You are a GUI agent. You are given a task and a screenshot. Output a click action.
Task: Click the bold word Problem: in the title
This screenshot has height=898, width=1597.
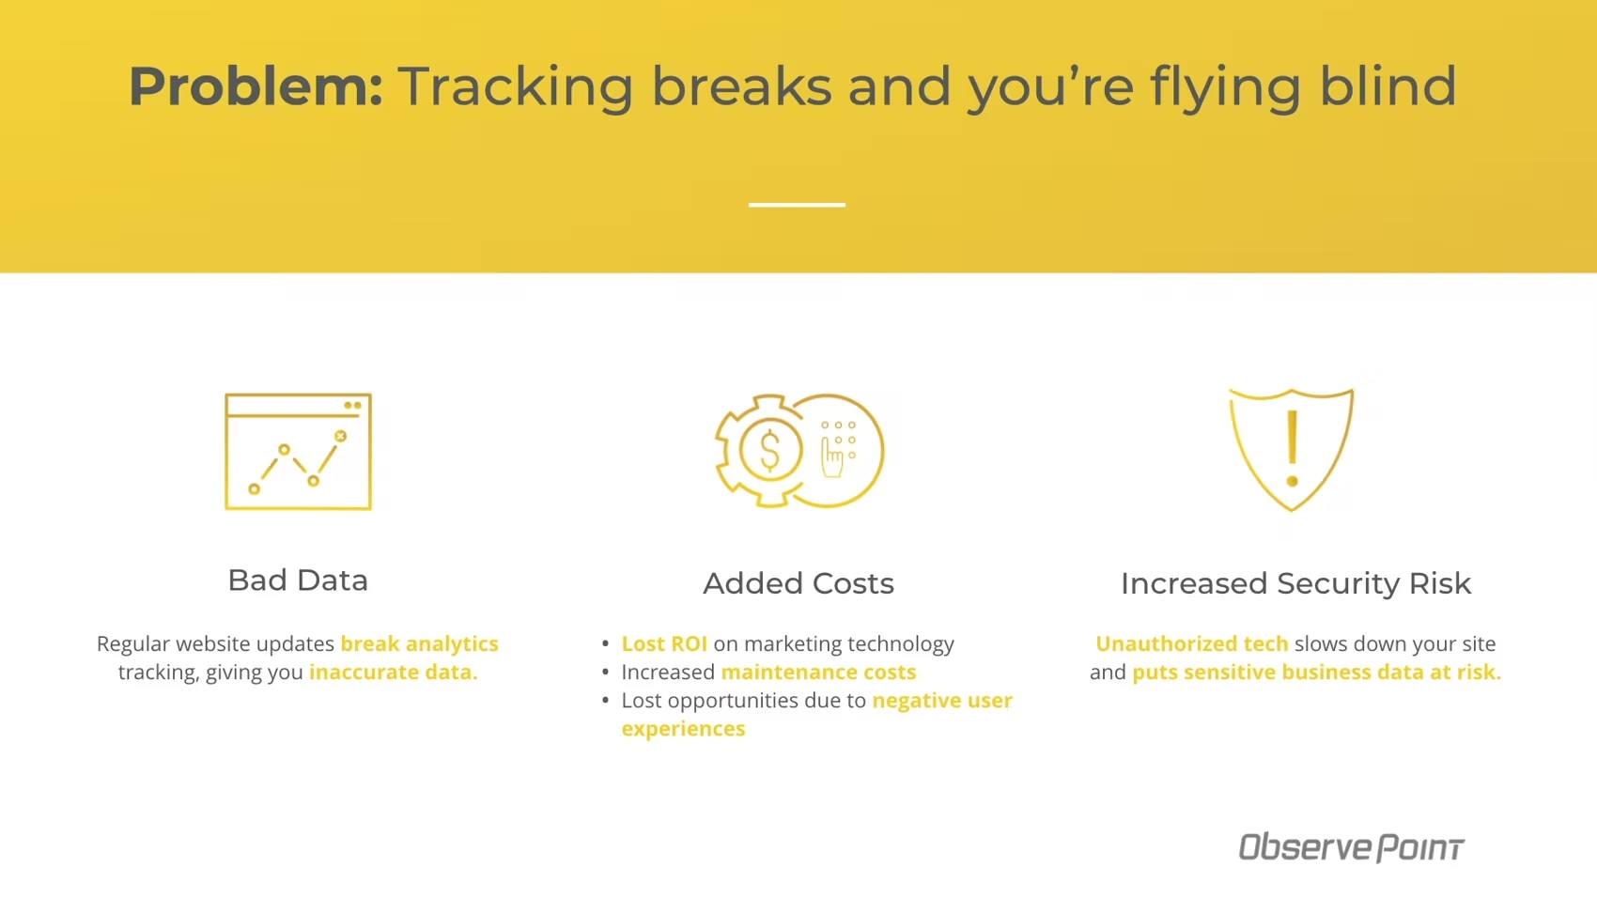(x=256, y=87)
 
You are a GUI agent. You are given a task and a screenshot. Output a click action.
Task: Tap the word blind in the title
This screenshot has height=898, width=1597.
(x=1388, y=85)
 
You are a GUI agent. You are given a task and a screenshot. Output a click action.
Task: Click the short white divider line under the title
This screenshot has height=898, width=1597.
(x=797, y=205)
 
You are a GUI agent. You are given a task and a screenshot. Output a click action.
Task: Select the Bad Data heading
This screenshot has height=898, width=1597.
(x=298, y=581)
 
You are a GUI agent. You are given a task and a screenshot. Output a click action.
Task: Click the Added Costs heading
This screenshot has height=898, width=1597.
(x=798, y=583)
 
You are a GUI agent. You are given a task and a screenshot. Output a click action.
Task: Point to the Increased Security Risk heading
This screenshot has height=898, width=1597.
(x=1295, y=583)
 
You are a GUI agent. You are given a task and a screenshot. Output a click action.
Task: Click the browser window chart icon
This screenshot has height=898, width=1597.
(x=298, y=451)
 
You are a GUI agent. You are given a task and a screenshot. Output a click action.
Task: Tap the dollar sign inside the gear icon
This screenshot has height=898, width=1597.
(x=770, y=450)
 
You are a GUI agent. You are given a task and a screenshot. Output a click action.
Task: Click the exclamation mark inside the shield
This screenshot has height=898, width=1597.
(x=1292, y=449)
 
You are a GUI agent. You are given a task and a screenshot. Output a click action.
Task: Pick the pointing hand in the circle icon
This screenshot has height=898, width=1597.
(x=831, y=458)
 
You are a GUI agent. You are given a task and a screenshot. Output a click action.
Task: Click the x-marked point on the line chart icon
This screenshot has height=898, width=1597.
(x=341, y=436)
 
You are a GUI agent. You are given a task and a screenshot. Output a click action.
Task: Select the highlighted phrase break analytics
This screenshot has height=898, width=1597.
(x=419, y=643)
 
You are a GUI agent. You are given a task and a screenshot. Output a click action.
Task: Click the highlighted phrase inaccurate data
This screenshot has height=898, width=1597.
(x=393, y=672)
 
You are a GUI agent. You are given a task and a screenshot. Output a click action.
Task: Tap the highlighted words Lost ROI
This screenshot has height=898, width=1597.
(x=664, y=643)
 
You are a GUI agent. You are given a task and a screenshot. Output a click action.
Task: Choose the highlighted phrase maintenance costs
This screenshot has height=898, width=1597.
(x=818, y=672)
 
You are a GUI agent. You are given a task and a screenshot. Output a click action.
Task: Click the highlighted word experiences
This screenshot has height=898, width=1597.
(x=683, y=729)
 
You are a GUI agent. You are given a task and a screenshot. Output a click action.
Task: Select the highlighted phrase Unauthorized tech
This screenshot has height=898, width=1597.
(x=1191, y=643)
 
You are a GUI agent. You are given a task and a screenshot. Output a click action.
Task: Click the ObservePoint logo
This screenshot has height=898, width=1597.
(x=1351, y=846)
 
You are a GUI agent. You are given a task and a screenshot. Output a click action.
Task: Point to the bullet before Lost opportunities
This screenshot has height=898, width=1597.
(x=605, y=700)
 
